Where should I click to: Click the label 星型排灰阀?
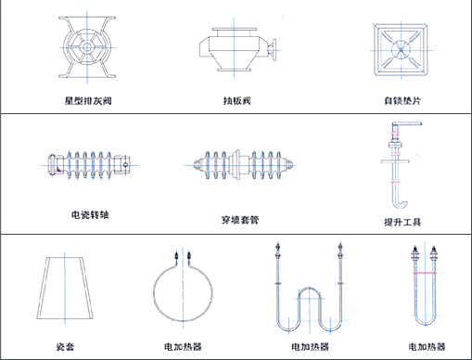pos(88,101)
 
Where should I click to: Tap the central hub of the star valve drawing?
pos(87,47)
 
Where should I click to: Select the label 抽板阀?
pos(236,101)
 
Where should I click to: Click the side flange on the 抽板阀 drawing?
pos(273,49)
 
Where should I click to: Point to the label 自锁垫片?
pos(402,101)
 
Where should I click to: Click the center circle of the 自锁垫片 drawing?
pos(401,50)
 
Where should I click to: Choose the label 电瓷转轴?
pos(90,214)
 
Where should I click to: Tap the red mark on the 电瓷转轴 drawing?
pos(58,170)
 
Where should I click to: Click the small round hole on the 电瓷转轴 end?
pos(125,165)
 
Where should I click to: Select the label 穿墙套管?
pos(240,220)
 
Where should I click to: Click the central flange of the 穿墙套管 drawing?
pos(237,165)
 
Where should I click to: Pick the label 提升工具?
pos(402,222)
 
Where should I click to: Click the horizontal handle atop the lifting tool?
pos(407,124)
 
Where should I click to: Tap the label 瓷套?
pos(65,347)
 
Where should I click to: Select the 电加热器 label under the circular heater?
pos(183,347)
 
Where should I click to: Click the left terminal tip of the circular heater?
pos(176,253)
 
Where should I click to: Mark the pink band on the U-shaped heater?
pos(425,273)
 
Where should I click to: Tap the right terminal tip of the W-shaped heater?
pos(340,245)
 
